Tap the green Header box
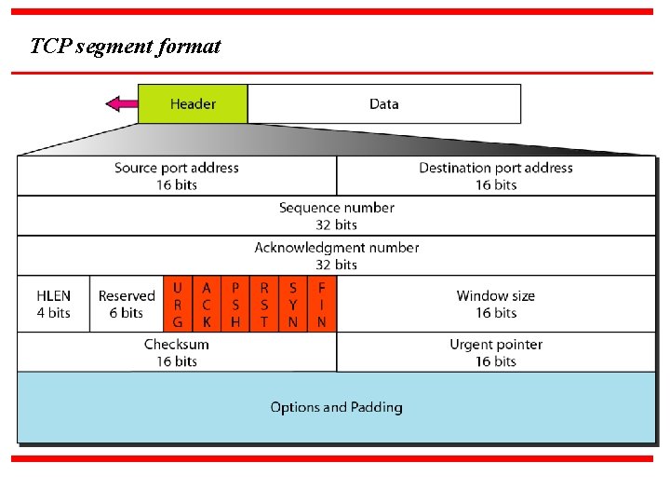[x=193, y=103]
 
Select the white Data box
[x=383, y=103]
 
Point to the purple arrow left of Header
[x=122, y=103]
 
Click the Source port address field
[x=177, y=175]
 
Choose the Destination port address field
[x=495, y=175]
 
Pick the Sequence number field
[x=336, y=215]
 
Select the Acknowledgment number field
[x=336, y=255]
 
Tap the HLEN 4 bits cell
[x=53, y=304]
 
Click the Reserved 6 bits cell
[x=127, y=304]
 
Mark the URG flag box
[x=177, y=305]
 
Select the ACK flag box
[x=207, y=305]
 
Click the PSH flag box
[x=235, y=305]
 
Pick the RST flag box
[x=264, y=305]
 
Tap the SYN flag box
[x=293, y=305]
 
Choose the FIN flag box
[x=321, y=305]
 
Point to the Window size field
[x=495, y=304]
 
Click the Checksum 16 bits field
[x=177, y=352]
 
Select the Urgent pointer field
[x=495, y=352]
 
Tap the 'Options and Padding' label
[x=336, y=407]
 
